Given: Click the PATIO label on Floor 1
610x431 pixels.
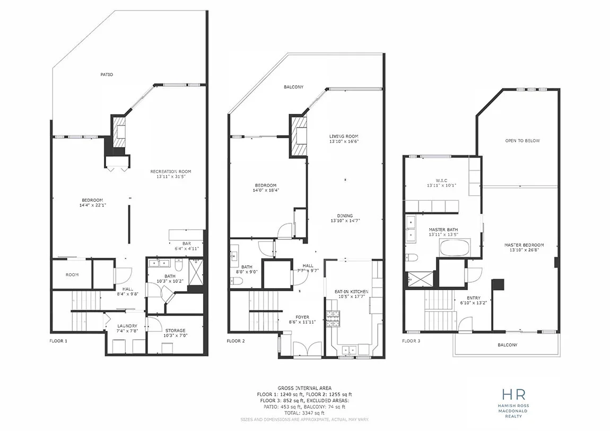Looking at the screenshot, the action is tap(107, 74).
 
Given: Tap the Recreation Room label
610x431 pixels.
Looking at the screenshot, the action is tap(171, 174).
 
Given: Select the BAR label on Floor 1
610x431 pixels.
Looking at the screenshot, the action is tap(187, 246).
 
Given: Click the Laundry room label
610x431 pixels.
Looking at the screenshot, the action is tap(127, 328).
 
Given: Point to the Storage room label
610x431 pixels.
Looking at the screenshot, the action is tap(176, 333).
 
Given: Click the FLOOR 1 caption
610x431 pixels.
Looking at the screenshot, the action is tap(58, 341).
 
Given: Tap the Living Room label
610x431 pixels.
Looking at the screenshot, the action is tap(344, 139).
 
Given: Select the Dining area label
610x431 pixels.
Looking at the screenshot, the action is tap(345, 218).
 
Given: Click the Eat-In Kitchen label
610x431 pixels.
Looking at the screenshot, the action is tap(351, 294).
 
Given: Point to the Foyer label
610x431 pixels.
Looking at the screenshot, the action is tap(302, 320).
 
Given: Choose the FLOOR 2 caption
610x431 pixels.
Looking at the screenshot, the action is tap(236, 341).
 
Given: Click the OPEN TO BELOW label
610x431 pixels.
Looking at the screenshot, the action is tap(522, 140).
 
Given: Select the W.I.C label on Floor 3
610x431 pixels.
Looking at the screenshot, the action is tap(441, 183).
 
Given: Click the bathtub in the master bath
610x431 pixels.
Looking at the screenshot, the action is tap(455, 248).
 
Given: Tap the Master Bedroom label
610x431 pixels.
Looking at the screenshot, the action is tap(524, 247).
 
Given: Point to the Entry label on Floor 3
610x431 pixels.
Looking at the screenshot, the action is tap(474, 300).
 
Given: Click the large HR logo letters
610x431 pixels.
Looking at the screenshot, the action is tap(513, 394).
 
